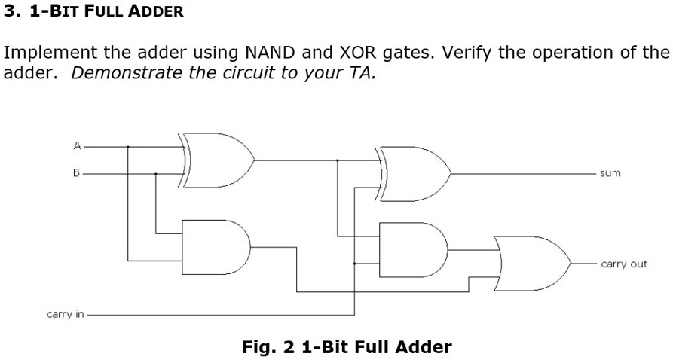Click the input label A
76,146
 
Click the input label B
76,173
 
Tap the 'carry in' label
66,314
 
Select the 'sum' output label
610,173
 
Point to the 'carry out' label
624,264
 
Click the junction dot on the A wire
128,147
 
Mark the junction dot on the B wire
156,174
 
